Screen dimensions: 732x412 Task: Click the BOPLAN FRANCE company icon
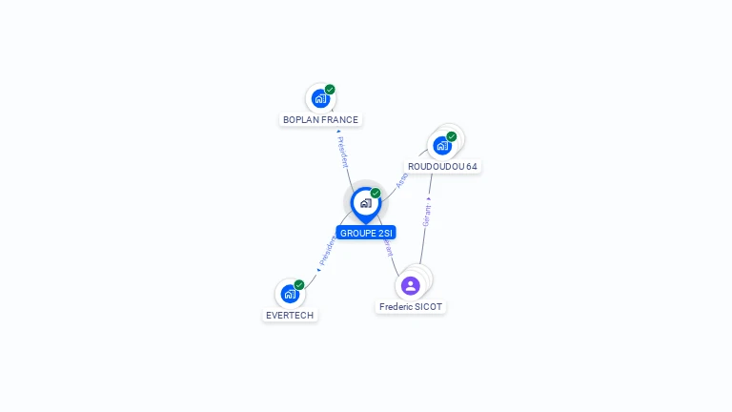[320, 98]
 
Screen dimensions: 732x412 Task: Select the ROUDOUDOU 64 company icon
[442, 145]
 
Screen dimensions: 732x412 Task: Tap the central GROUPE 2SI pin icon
[365, 203]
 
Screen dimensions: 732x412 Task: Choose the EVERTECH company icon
[289, 294]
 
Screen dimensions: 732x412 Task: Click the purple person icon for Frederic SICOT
[411, 286]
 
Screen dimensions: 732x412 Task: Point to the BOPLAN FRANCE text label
[320, 120]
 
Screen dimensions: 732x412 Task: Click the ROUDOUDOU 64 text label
[442, 166]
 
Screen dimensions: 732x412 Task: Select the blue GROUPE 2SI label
[366, 233]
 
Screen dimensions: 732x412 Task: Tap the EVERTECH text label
[290, 316]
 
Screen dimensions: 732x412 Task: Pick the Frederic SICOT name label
[411, 307]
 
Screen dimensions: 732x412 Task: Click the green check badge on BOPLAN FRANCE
[330, 90]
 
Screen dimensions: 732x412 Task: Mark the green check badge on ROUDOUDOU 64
[452, 136]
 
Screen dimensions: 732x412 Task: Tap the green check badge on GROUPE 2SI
[376, 193]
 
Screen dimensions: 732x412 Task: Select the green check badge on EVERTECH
[299, 285]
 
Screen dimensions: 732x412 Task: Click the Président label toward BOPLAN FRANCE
[343, 152]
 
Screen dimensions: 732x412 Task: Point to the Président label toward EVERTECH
[328, 250]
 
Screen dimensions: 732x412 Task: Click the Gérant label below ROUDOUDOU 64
[427, 216]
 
